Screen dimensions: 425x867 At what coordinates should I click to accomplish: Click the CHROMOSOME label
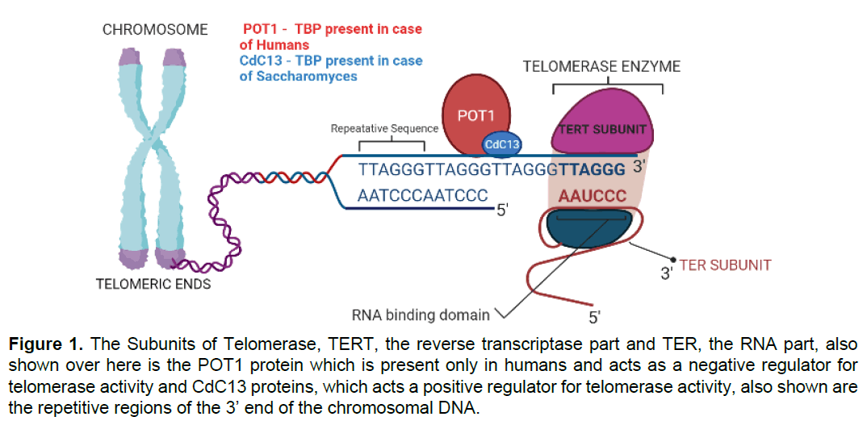[x=155, y=30]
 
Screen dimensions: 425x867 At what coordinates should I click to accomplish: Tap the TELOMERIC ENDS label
[x=153, y=284]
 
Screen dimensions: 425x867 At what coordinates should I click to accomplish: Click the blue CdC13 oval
[x=501, y=145]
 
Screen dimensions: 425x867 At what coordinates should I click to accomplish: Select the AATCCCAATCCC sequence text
[x=423, y=196]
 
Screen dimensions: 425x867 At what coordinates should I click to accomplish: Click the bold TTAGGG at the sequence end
[x=593, y=171]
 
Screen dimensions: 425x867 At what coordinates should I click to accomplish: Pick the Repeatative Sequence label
[x=385, y=128]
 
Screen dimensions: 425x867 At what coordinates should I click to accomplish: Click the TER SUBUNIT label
[x=725, y=265]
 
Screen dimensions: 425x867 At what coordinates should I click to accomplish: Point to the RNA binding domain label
[x=421, y=315]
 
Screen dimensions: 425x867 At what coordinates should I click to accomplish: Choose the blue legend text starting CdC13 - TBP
[x=331, y=69]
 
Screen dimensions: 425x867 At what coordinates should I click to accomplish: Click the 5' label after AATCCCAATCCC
[x=501, y=210]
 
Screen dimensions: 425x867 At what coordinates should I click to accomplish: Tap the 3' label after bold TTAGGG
[x=642, y=169]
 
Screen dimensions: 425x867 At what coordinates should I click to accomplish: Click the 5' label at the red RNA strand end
[x=595, y=315]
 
